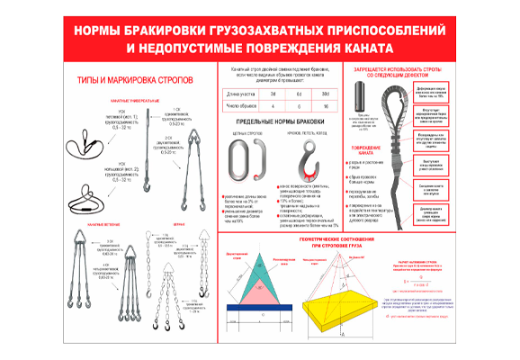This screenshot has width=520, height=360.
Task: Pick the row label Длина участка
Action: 240,94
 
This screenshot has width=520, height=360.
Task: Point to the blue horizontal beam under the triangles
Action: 261,308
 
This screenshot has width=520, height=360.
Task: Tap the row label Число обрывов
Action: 240,105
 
